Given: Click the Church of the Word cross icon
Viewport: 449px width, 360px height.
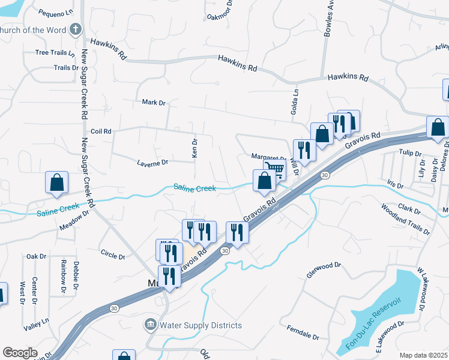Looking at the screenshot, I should tap(75, 29).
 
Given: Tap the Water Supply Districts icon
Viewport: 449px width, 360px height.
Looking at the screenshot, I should tap(150, 325).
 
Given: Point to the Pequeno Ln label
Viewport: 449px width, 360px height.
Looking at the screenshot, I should tap(55, 12).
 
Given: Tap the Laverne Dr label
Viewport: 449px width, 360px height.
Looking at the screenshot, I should tap(152, 162).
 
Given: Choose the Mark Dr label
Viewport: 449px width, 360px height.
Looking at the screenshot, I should tap(153, 103).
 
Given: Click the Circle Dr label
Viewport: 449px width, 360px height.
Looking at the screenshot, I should tap(113, 256).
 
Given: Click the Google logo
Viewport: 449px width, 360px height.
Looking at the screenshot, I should tap(20, 353).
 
